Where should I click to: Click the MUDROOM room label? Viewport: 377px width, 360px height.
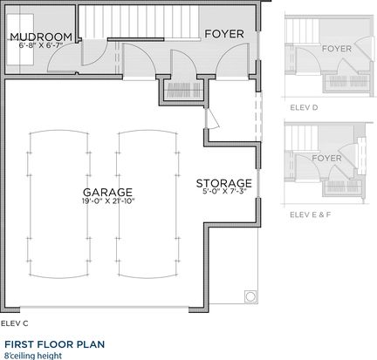pos(41,37)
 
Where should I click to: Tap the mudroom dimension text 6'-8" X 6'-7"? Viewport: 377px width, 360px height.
pos(41,44)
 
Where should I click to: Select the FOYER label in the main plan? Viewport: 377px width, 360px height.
pos(224,34)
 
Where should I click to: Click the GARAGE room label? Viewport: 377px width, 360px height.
pos(107,192)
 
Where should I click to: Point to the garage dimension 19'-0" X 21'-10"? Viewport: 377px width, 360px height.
pos(108,200)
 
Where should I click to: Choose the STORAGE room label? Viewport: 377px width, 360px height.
pos(223,183)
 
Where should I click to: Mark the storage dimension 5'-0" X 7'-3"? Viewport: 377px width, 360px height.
pos(224,192)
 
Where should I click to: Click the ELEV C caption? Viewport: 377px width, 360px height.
pos(15,323)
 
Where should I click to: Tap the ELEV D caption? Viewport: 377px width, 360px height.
pos(304,107)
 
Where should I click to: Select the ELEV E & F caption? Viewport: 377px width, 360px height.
pos(311,214)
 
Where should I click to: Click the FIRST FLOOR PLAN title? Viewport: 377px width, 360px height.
pos(55,344)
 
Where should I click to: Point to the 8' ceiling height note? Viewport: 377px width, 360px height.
pos(33,356)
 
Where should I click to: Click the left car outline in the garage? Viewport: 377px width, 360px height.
pos(58,204)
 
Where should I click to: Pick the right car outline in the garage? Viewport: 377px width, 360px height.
pos(147,204)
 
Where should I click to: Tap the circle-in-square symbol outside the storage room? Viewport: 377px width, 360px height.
pos(250,296)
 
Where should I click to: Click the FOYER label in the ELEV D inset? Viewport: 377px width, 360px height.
pos(337,49)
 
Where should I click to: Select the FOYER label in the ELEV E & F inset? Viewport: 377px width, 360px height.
pos(326,158)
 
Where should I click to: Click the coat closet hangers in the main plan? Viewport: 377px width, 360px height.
pos(183,90)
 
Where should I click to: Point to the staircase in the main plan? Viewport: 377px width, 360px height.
pos(139,22)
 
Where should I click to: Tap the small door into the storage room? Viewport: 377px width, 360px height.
pos(211,119)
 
